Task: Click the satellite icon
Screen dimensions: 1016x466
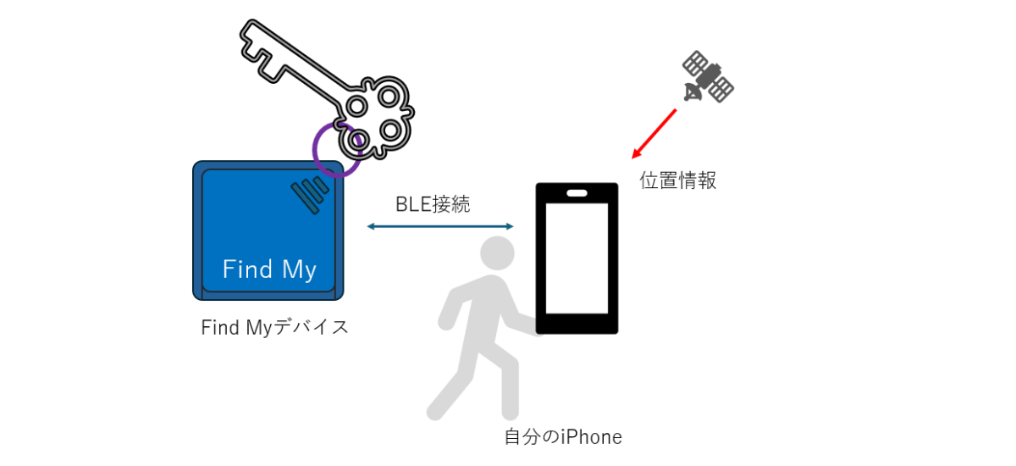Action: point(708,76)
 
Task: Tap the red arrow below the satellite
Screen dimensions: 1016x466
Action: point(654,134)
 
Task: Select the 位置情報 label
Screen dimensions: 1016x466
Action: point(678,180)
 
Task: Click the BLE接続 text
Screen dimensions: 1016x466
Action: point(433,204)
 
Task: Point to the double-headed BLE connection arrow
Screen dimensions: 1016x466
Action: point(440,226)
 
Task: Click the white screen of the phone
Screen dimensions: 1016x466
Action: point(577,258)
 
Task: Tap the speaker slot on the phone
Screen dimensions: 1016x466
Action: point(577,193)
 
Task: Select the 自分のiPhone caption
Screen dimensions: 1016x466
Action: point(563,437)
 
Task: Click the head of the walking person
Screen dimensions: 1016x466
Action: point(497,253)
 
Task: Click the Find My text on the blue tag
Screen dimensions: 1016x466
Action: point(269,269)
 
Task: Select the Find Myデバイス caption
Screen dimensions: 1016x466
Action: point(275,327)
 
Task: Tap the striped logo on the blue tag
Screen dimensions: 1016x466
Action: point(310,195)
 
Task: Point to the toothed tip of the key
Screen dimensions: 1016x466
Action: point(262,51)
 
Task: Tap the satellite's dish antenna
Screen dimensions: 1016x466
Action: point(693,92)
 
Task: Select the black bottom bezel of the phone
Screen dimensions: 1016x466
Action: point(577,324)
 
